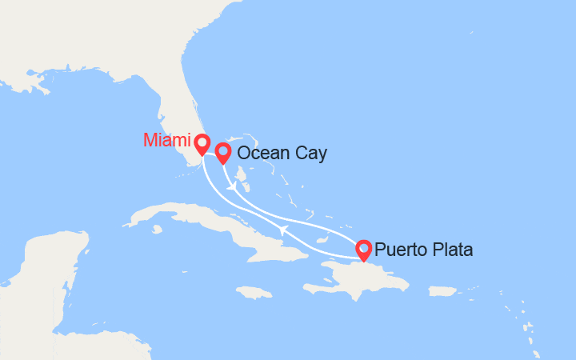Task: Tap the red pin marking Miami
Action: pyautogui.click(x=201, y=143)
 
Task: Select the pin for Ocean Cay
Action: pyautogui.click(x=222, y=151)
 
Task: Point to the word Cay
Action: pyautogui.click(x=311, y=154)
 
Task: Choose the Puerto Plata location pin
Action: pyautogui.click(x=363, y=249)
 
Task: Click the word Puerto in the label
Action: pyautogui.click(x=399, y=250)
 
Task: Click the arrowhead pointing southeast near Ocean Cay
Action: pyautogui.click(x=232, y=187)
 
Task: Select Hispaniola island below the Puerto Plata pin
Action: pyautogui.click(x=360, y=280)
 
